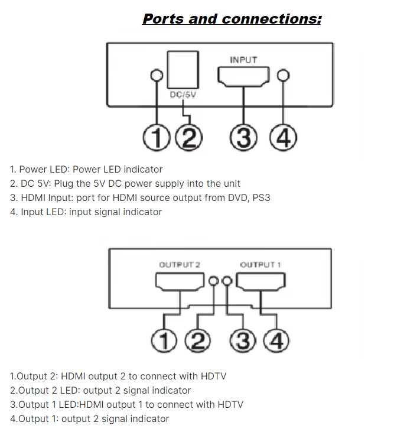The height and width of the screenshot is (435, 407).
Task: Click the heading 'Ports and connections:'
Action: [x=232, y=19]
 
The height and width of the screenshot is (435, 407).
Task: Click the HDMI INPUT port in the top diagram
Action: [x=243, y=77]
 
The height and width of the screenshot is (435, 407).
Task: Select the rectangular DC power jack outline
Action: [x=183, y=69]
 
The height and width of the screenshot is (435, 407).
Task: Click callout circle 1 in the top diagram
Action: [x=157, y=138]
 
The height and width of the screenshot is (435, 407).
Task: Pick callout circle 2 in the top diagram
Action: [x=188, y=138]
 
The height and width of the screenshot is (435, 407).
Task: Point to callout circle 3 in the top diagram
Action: [x=243, y=138]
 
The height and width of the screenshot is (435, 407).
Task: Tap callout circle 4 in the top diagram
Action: [x=282, y=138]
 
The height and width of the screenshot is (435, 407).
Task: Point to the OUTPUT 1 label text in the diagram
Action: [x=260, y=264]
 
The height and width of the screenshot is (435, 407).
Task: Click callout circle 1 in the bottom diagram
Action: [x=164, y=341]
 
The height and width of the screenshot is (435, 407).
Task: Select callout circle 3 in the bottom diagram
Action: [x=244, y=341]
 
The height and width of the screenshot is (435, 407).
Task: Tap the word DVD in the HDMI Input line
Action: [x=236, y=197]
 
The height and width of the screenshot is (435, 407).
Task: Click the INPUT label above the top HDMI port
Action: [x=243, y=60]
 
